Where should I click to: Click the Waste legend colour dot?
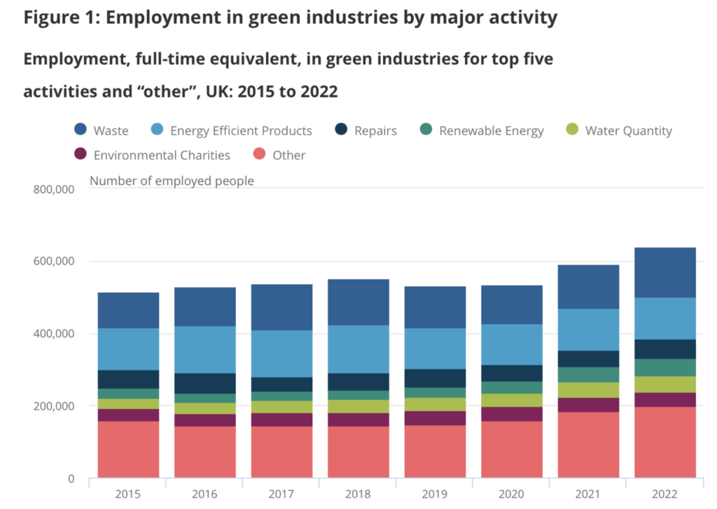(x=81, y=130)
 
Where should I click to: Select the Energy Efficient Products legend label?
(x=241, y=131)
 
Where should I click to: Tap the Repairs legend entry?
(x=375, y=131)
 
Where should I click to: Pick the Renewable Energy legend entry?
(x=491, y=131)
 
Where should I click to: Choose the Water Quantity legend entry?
(x=628, y=131)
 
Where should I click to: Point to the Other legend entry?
(x=289, y=155)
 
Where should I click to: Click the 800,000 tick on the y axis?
(x=55, y=188)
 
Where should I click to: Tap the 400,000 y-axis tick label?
(x=55, y=334)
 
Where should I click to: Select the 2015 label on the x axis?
(x=128, y=494)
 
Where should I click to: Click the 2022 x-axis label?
(x=665, y=494)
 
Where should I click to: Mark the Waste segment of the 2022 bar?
(x=665, y=272)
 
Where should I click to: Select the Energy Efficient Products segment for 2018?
(x=358, y=349)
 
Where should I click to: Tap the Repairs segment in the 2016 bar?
(x=205, y=383)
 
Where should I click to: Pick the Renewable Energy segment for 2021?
(x=588, y=375)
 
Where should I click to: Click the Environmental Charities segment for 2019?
(x=435, y=418)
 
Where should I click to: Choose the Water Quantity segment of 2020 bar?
(x=512, y=400)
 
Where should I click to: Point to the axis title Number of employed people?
(x=172, y=181)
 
